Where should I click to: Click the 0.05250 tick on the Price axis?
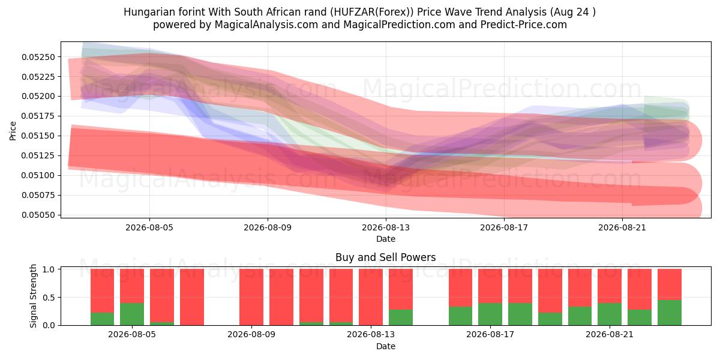pyautogui.click(x=38, y=57)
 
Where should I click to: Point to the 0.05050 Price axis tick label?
pyautogui.click(x=38, y=215)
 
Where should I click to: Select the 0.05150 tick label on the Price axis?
pyautogui.click(x=38, y=136)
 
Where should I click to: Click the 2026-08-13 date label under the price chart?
pyautogui.click(x=386, y=227)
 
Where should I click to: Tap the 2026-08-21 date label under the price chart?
pyautogui.click(x=622, y=227)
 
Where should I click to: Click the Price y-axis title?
pyautogui.click(x=13, y=131)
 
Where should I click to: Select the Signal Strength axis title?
pyautogui.click(x=33, y=296)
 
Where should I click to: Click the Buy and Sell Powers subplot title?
pyautogui.click(x=385, y=257)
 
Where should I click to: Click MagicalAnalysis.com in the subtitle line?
pyautogui.click(x=266, y=25)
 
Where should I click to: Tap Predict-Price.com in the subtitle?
pyautogui.click(x=523, y=25)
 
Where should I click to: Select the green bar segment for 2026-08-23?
pyautogui.click(x=669, y=313)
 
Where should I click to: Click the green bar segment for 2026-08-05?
pyautogui.click(x=132, y=314)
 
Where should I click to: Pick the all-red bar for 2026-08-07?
pyautogui.click(x=191, y=297)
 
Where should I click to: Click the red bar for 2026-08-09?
pyautogui.click(x=251, y=297)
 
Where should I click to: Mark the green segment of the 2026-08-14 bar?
pyautogui.click(x=401, y=317)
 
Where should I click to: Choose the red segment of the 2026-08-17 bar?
pyautogui.click(x=490, y=286)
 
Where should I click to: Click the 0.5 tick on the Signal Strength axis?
pyautogui.click(x=49, y=298)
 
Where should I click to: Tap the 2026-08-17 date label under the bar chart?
pyautogui.click(x=490, y=334)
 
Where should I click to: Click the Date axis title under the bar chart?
pyautogui.click(x=385, y=346)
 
